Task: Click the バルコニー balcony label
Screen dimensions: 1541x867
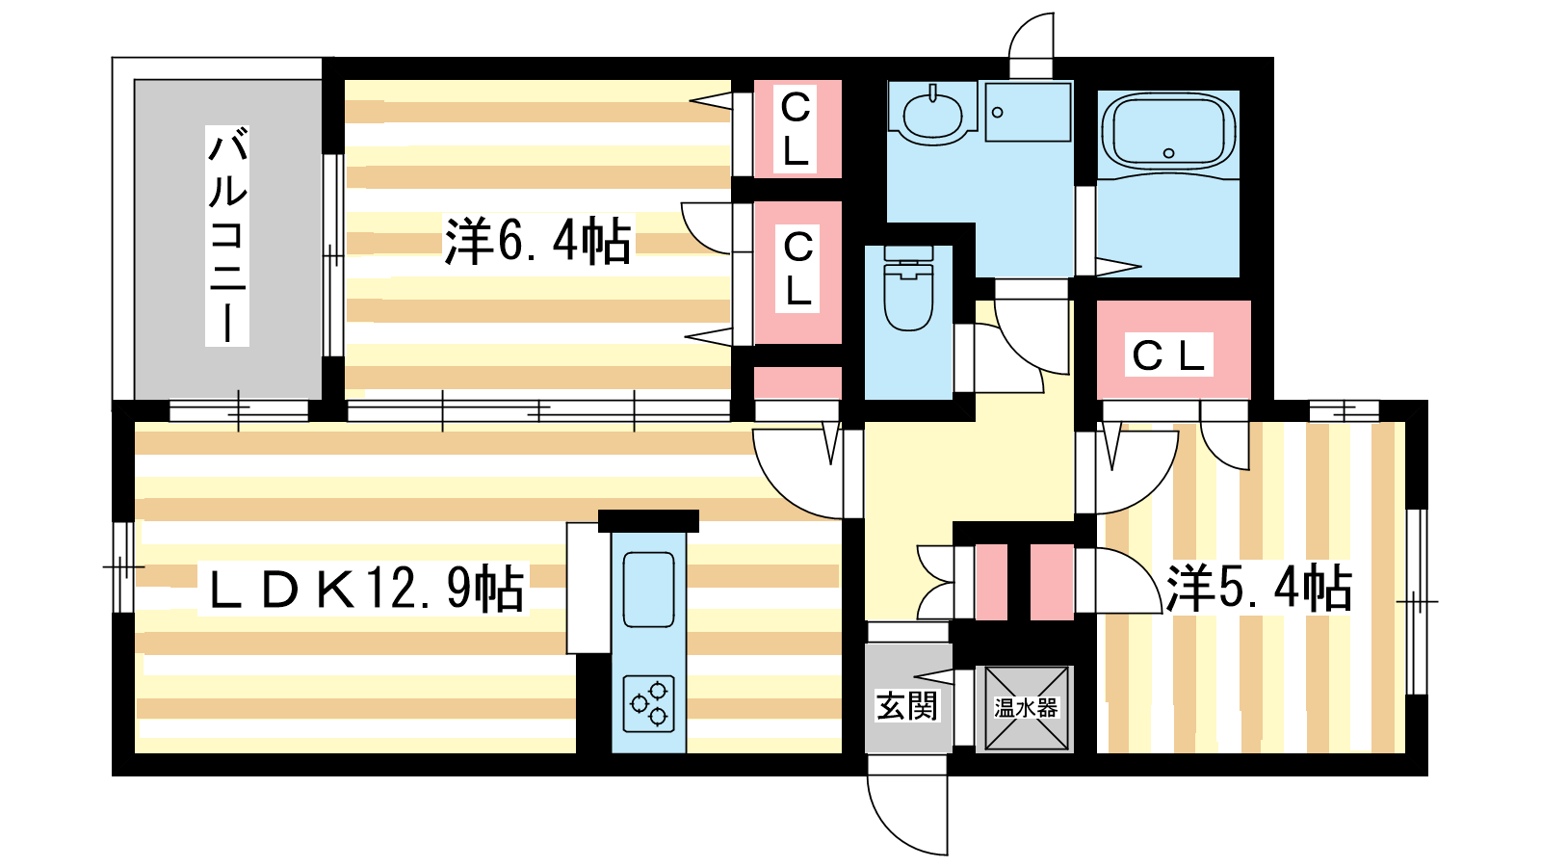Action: pyautogui.click(x=227, y=235)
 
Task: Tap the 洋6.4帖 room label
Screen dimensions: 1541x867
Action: pyautogui.click(x=537, y=241)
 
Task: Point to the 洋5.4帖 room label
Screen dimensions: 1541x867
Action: pyautogui.click(x=1259, y=589)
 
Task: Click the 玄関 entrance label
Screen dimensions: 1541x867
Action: pyautogui.click(x=906, y=706)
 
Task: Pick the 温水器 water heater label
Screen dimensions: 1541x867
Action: pyautogui.click(x=1025, y=707)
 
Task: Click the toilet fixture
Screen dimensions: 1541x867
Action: pyautogui.click(x=908, y=289)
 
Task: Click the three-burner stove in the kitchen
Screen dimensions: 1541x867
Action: pyautogui.click(x=649, y=703)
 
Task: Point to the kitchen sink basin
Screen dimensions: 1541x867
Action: pyautogui.click(x=648, y=590)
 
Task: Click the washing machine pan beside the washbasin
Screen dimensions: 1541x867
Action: pyautogui.click(x=1029, y=112)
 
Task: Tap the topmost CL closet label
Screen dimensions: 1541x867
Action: pyautogui.click(x=796, y=128)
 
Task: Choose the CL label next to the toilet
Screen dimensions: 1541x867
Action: pyautogui.click(x=798, y=270)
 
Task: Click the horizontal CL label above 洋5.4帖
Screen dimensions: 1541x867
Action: pyautogui.click(x=1169, y=355)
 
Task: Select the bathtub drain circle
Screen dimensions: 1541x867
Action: pyautogui.click(x=1168, y=153)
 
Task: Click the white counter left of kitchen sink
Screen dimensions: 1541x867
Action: pyautogui.click(x=588, y=588)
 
